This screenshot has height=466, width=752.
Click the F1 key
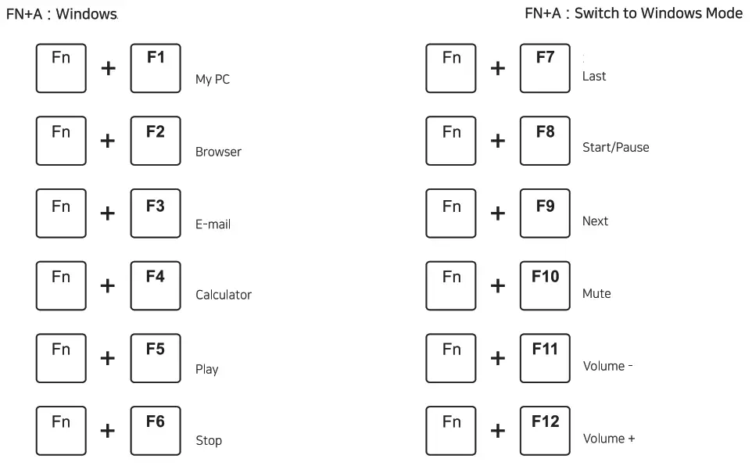(x=156, y=68)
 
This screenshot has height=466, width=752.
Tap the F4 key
(x=156, y=285)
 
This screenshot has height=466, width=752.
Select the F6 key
(x=156, y=431)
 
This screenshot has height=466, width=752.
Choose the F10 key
(x=545, y=285)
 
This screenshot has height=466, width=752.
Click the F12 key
(x=545, y=431)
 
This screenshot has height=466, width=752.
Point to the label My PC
(x=213, y=80)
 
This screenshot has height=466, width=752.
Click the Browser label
(x=218, y=152)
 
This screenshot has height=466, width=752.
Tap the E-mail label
(x=213, y=224)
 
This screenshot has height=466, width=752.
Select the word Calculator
(x=224, y=295)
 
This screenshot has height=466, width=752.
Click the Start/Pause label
(x=615, y=147)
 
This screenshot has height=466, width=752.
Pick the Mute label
(x=596, y=294)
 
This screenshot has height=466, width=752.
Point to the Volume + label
(x=609, y=439)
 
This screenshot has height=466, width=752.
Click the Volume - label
(x=607, y=366)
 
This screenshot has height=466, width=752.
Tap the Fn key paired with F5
(x=61, y=358)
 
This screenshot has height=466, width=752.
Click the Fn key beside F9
(x=451, y=213)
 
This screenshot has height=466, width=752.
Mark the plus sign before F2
(x=108, y=141)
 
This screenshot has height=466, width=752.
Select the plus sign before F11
(x=497, y=358)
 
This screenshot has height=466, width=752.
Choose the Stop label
(x=209, y=441)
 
